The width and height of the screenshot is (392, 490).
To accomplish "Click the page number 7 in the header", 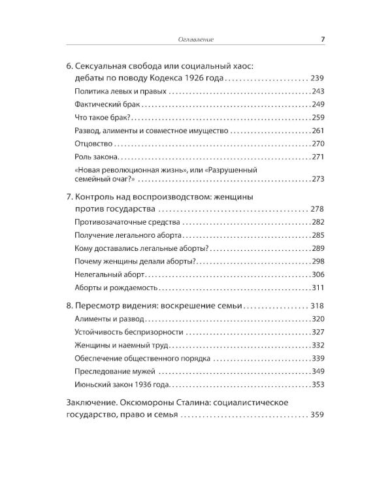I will coord(323,39).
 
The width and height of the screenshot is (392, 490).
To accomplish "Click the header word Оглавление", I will coord(196,40).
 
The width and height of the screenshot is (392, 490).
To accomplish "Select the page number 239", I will coord(318,78).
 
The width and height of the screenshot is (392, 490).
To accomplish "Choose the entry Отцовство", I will coord(95,144).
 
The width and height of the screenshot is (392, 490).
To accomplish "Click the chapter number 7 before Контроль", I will coord(70,197).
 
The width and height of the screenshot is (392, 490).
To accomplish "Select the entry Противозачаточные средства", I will coord(120,223).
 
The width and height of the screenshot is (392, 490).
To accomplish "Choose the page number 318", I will coord(318,306).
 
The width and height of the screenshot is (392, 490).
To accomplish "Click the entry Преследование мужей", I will coord(112,372).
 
